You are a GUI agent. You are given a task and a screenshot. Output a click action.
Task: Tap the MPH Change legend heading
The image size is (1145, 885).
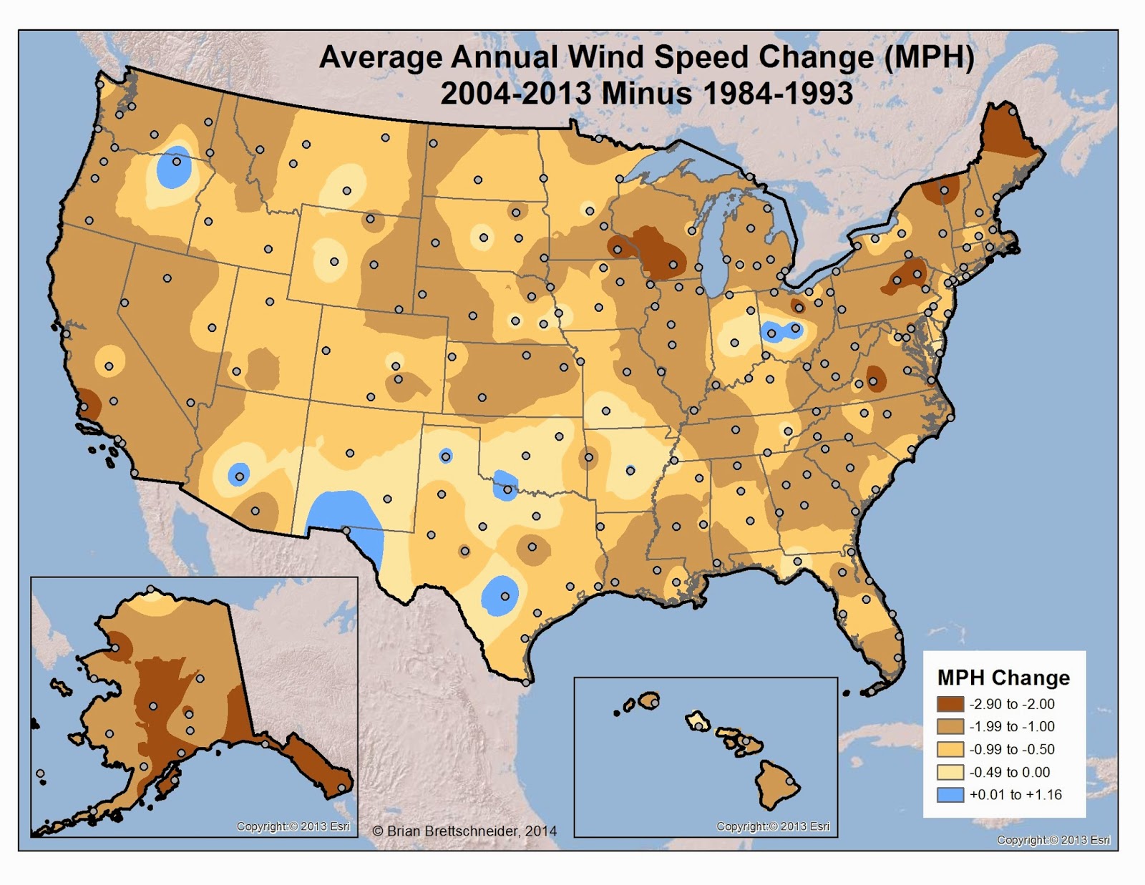pos(1003,678)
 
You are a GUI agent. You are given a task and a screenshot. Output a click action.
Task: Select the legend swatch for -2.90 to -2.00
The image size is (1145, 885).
pos(950,704)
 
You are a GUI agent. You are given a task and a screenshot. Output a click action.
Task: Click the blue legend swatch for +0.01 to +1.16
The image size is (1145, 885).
pos(950,795)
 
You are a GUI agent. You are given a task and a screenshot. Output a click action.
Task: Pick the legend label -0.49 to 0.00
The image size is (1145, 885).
pos(1010,773)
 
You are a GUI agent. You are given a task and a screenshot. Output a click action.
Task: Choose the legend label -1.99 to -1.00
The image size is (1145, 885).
pos(1012,727)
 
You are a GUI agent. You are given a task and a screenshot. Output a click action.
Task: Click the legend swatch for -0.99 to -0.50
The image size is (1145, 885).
pos(950,750)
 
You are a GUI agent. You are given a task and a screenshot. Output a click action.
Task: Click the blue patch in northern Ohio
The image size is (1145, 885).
pos(782,331)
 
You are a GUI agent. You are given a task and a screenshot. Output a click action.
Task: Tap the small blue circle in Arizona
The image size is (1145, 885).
pos(238,474)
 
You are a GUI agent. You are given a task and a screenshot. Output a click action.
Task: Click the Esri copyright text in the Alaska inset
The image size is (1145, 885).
pos(293,826)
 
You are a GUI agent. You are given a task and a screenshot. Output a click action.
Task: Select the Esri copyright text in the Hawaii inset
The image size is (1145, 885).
pos(773,826)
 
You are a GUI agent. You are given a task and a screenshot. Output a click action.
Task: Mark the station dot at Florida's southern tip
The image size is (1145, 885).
pos(872,691)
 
